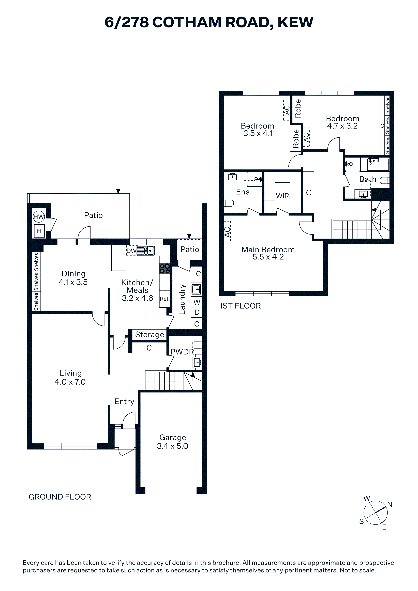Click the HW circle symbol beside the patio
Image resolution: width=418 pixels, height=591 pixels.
[x=39, y=217]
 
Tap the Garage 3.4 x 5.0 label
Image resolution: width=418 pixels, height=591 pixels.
[x=173, y=442]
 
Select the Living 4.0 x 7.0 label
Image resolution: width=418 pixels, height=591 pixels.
[x=70, y=377]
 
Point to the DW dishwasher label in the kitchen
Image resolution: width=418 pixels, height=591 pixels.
[x=131, y=251]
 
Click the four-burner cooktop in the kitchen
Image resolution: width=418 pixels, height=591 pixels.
[x=165, y=269]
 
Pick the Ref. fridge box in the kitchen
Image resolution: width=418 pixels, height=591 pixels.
[x=165, y=299]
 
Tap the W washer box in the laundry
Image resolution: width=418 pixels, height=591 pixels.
[x=197, y=302]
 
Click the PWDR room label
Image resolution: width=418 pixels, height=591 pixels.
[x=182, y=352]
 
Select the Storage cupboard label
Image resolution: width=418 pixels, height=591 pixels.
[x=150, y=335]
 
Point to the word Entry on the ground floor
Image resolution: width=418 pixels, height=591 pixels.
[x=124, y=401]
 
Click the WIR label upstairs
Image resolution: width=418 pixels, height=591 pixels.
[x=282, y=196]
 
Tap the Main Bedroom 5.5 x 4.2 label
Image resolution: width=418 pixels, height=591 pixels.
[x=268, y=253]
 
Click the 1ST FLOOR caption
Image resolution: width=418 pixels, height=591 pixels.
[x=240, y=306]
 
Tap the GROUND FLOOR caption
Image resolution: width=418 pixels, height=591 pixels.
[x=60, y=497]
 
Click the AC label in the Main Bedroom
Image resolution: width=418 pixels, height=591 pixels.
[x=227, y=232]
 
